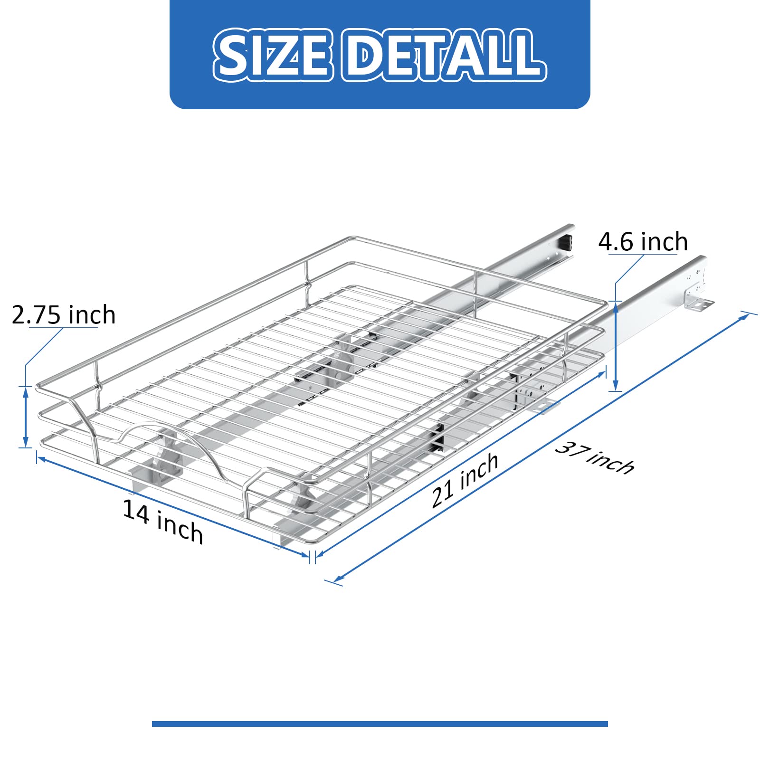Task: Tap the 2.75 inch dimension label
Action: tap(64, 315)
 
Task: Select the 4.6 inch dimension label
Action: tap(643, 242)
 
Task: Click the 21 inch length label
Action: tap(465, 480)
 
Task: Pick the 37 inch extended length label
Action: tap(594, 458)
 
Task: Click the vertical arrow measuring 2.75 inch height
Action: tap(26, 417)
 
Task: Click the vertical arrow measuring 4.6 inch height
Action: tap(616, 346)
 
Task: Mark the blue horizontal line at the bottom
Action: tap(380, 724)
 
